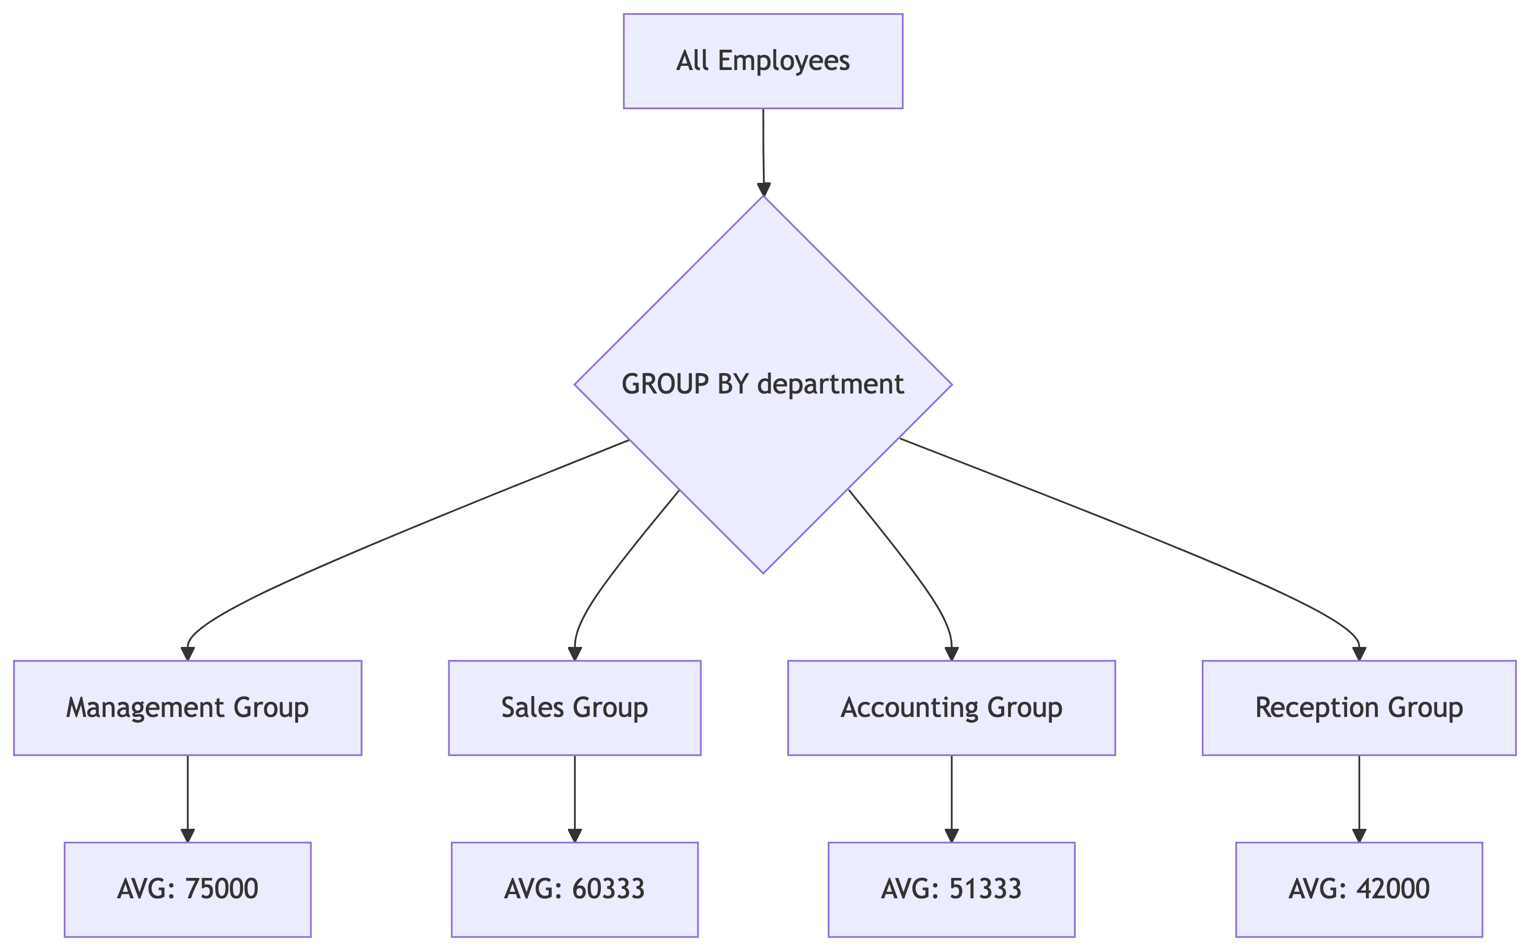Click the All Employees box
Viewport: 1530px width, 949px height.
pos(762,61)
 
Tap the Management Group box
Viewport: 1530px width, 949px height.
pos(187,708)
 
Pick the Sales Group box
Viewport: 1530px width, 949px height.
pos(574,708)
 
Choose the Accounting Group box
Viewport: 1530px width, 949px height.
pos(952,708)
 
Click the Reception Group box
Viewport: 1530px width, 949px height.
pos(1359,708)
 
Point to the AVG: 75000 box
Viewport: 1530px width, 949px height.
pos(187,889)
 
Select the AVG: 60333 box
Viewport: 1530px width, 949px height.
pos(574,889)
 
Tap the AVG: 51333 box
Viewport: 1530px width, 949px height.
pos(952,889)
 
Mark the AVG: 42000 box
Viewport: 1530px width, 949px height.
pos(1359,889)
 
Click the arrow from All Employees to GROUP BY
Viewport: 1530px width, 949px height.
pos(763,151)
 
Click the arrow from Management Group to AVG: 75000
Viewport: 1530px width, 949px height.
pos(187,797)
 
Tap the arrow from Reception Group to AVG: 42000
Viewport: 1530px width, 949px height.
pos(1359,797)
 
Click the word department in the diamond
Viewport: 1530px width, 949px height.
pos(830,384)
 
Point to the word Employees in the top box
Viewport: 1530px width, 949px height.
pos(783,61)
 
